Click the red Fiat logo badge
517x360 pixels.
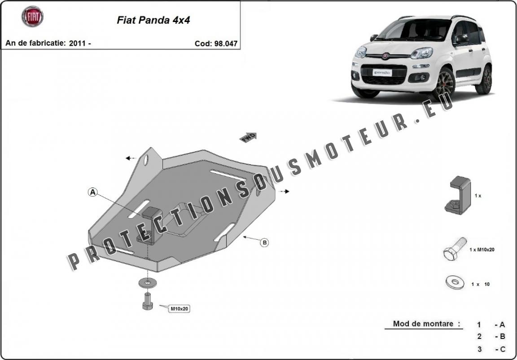33,17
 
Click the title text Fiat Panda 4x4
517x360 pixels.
153,20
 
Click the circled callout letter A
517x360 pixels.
93,192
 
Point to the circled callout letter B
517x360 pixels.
264,243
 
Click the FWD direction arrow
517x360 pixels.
248,137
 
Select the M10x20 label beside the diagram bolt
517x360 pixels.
180,309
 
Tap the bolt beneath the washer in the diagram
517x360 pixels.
147,301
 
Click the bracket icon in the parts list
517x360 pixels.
458,196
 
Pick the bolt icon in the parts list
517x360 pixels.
455,249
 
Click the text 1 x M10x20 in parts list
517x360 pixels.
482,250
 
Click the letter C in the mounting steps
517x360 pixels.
502,349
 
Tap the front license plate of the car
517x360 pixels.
382,73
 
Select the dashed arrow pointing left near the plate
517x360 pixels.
131,158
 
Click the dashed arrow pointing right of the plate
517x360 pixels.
284,191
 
